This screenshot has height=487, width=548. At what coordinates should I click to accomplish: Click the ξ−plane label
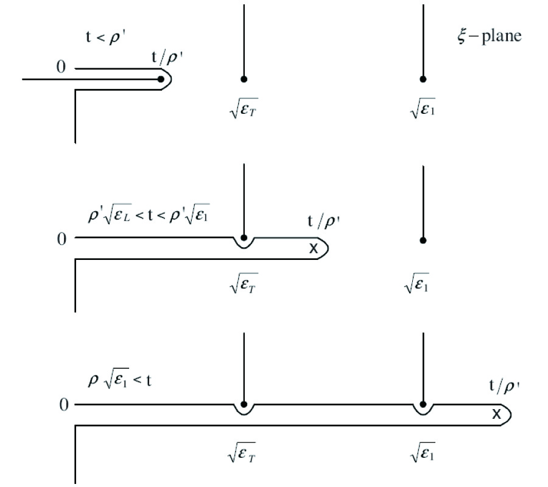pyautogui.click(x=484, y=36)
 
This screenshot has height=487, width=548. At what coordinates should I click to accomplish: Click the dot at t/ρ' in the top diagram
pyautogui.click(x=160, y=79)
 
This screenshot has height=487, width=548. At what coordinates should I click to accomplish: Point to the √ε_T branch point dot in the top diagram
pyautogui.click(x=244, y=79)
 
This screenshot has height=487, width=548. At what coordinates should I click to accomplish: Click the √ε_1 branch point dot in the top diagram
pyautogui.click(x=423, y=79)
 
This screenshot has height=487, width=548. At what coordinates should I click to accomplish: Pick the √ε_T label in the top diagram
pyautogui.click(x=244, y=110)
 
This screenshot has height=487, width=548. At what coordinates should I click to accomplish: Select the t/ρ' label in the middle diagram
pyautogui.click(x=322, y=223)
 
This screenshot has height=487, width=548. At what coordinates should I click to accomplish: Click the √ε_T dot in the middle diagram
pyautogui.click(x=244, y=238)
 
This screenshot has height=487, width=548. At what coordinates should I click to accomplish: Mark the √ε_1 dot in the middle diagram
pyautogui.click(x=423, y=240)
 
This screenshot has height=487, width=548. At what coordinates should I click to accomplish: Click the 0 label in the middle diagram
pyautogui.click(x=61, y=239)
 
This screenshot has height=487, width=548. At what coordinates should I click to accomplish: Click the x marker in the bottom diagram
pyautogui.click(x=496, y=415)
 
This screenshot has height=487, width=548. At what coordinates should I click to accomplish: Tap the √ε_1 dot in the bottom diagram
pyautogui.click(x=423, y=404)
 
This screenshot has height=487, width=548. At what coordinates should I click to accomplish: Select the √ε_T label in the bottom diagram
pyautogui.click(x=244, y=454)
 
